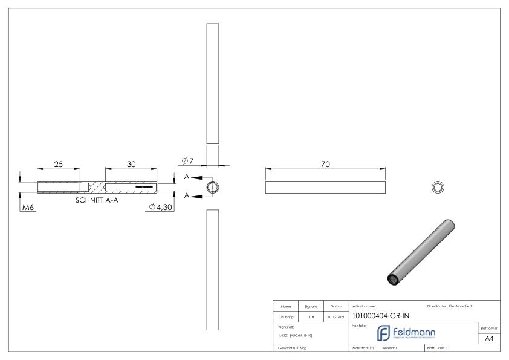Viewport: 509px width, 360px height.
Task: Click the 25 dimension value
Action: (59, 165)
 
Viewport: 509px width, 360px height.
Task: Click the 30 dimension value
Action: (131, 165)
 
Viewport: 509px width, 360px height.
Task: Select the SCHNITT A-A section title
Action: (97, 200)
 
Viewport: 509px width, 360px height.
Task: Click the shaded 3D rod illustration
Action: (422, 252)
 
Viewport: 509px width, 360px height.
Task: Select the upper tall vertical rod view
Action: (212, 83)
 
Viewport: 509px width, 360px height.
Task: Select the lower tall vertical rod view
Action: (212, 270)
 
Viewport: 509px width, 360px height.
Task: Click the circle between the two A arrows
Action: (212, 187)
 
